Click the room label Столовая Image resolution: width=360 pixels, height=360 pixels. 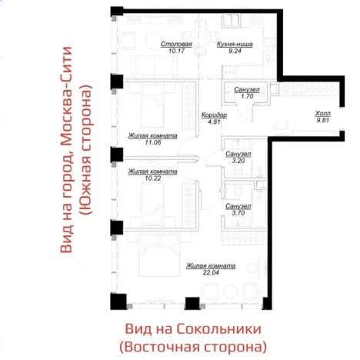[176, 44]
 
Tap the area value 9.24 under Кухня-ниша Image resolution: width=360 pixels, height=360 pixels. [235, 51]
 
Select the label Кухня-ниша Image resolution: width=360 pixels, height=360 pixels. [235, 44]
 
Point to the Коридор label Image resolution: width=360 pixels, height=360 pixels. [214, 115]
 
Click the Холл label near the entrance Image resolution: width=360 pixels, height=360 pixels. [323, 113]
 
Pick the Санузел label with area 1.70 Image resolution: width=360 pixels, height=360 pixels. [247, 90]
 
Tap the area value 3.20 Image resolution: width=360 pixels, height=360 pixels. [238, 161]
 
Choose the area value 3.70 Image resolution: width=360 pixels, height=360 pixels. [238, 213]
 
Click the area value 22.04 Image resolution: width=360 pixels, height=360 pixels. [211, 272]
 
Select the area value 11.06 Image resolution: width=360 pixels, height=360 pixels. [153, 142]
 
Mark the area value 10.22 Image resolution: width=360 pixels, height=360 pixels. [153, 178]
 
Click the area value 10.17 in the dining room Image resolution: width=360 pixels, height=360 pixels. [176, 51]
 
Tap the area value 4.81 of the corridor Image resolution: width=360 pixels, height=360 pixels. [214, 122]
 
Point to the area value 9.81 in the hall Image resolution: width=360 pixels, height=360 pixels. [323, 120]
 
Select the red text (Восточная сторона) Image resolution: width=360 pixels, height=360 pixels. [193, 347]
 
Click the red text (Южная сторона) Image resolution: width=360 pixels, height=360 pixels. [85, 150]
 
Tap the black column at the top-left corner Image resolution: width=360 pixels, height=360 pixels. [117, 12]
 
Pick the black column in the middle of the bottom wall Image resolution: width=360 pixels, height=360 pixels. [192, 303]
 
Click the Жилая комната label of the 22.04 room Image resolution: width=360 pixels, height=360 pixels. [211, 266]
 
